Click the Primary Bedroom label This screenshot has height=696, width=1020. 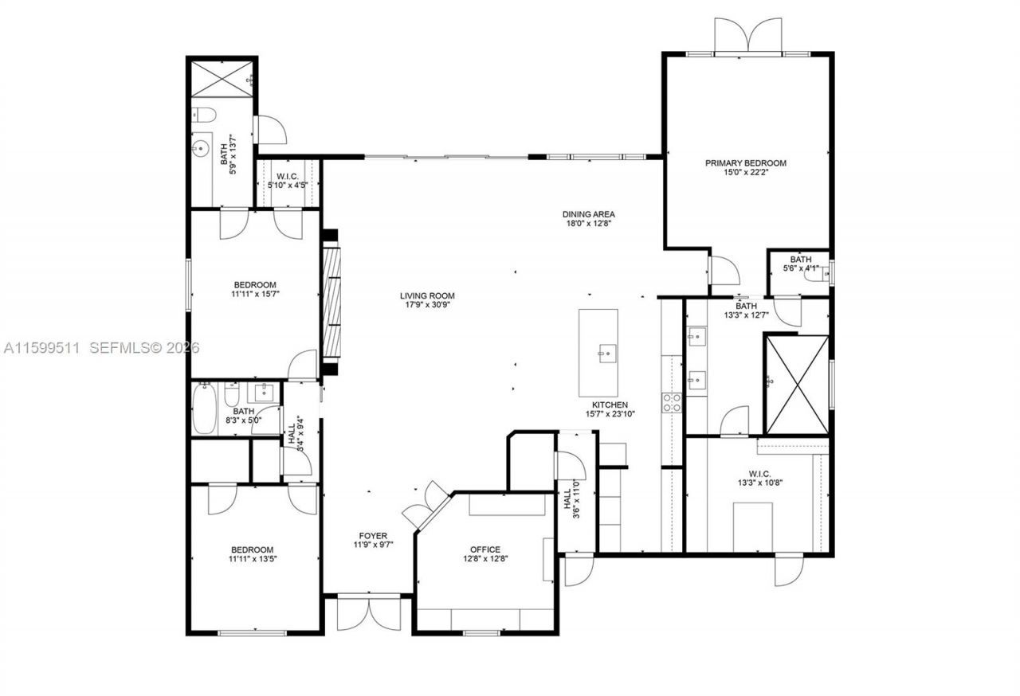pyautogui.click(x=745, y=163)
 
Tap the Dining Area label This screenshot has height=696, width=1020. pyautogui.click(x=588, y=214)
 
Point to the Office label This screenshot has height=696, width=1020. pyautogui.click(x=484, y=549)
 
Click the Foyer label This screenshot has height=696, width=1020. pyautogui.click(x=373, y=536)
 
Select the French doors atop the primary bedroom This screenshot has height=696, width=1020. pyautogui.click(x=747, y=35)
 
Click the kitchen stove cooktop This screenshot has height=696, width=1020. pyautogui.click(x=671, y=403)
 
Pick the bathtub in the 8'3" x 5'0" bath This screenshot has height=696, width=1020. pyautogui.click(x=204, y=409)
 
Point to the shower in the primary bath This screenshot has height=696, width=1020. pyautogui.click(x=796, y=384)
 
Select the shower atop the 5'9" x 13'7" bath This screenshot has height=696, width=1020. pyautogui.click(x=222, y=77)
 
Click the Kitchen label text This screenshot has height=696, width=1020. pyautogui.click(x=610, y=405)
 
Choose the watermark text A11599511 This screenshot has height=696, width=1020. pyautogui.click(x=41, y=348)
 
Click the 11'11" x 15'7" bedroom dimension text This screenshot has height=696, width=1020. pyautogui.click(x=255, y=294)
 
